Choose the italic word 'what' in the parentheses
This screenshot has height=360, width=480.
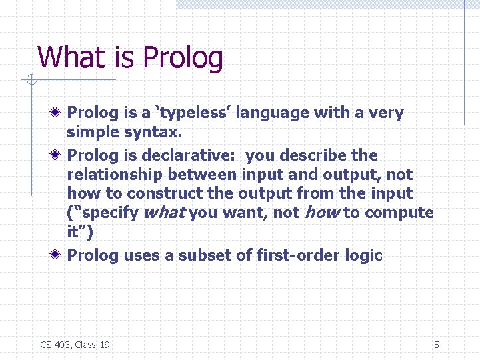coord(165,213)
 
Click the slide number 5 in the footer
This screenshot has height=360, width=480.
coord(437,345)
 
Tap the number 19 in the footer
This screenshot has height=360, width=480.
coord(104,345)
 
